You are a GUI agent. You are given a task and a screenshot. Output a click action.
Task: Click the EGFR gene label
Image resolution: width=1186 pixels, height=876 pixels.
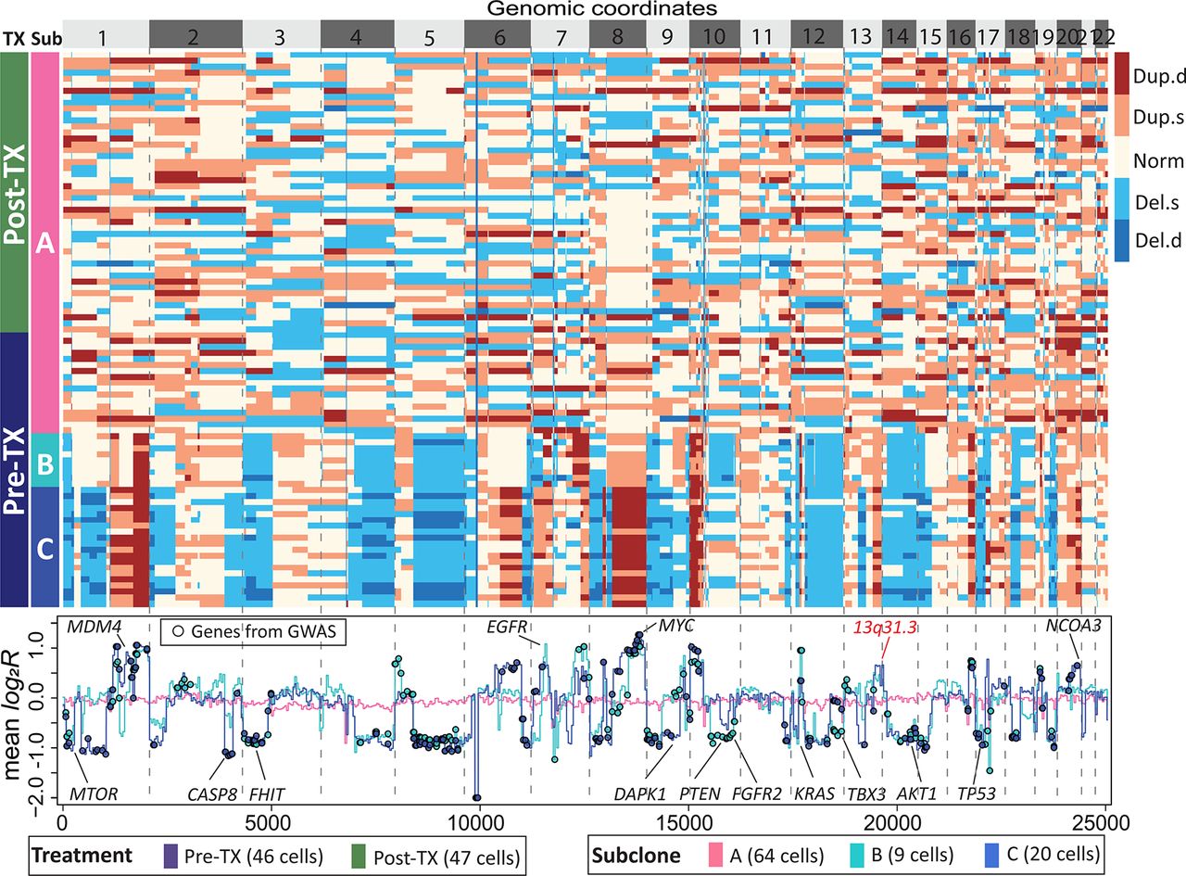pos(507,626)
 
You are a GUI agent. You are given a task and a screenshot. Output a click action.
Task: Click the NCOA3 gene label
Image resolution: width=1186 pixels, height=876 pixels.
pos(1073,626)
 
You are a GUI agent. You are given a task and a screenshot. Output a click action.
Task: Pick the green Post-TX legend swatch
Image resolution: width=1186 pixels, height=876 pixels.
pos(352,853)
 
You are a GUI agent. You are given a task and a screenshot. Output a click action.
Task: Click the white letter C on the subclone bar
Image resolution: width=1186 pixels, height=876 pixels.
pos(44,545)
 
